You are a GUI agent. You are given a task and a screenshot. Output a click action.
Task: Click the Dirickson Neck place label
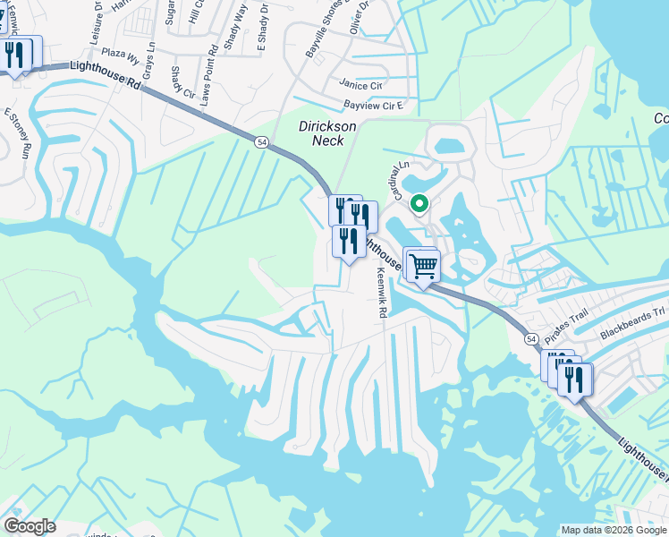point(327,133)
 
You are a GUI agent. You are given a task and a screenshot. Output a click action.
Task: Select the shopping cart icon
point(423,266)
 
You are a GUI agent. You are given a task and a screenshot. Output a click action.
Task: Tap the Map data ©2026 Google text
point(613,529)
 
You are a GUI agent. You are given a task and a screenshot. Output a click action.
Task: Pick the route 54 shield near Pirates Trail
point(530,339)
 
